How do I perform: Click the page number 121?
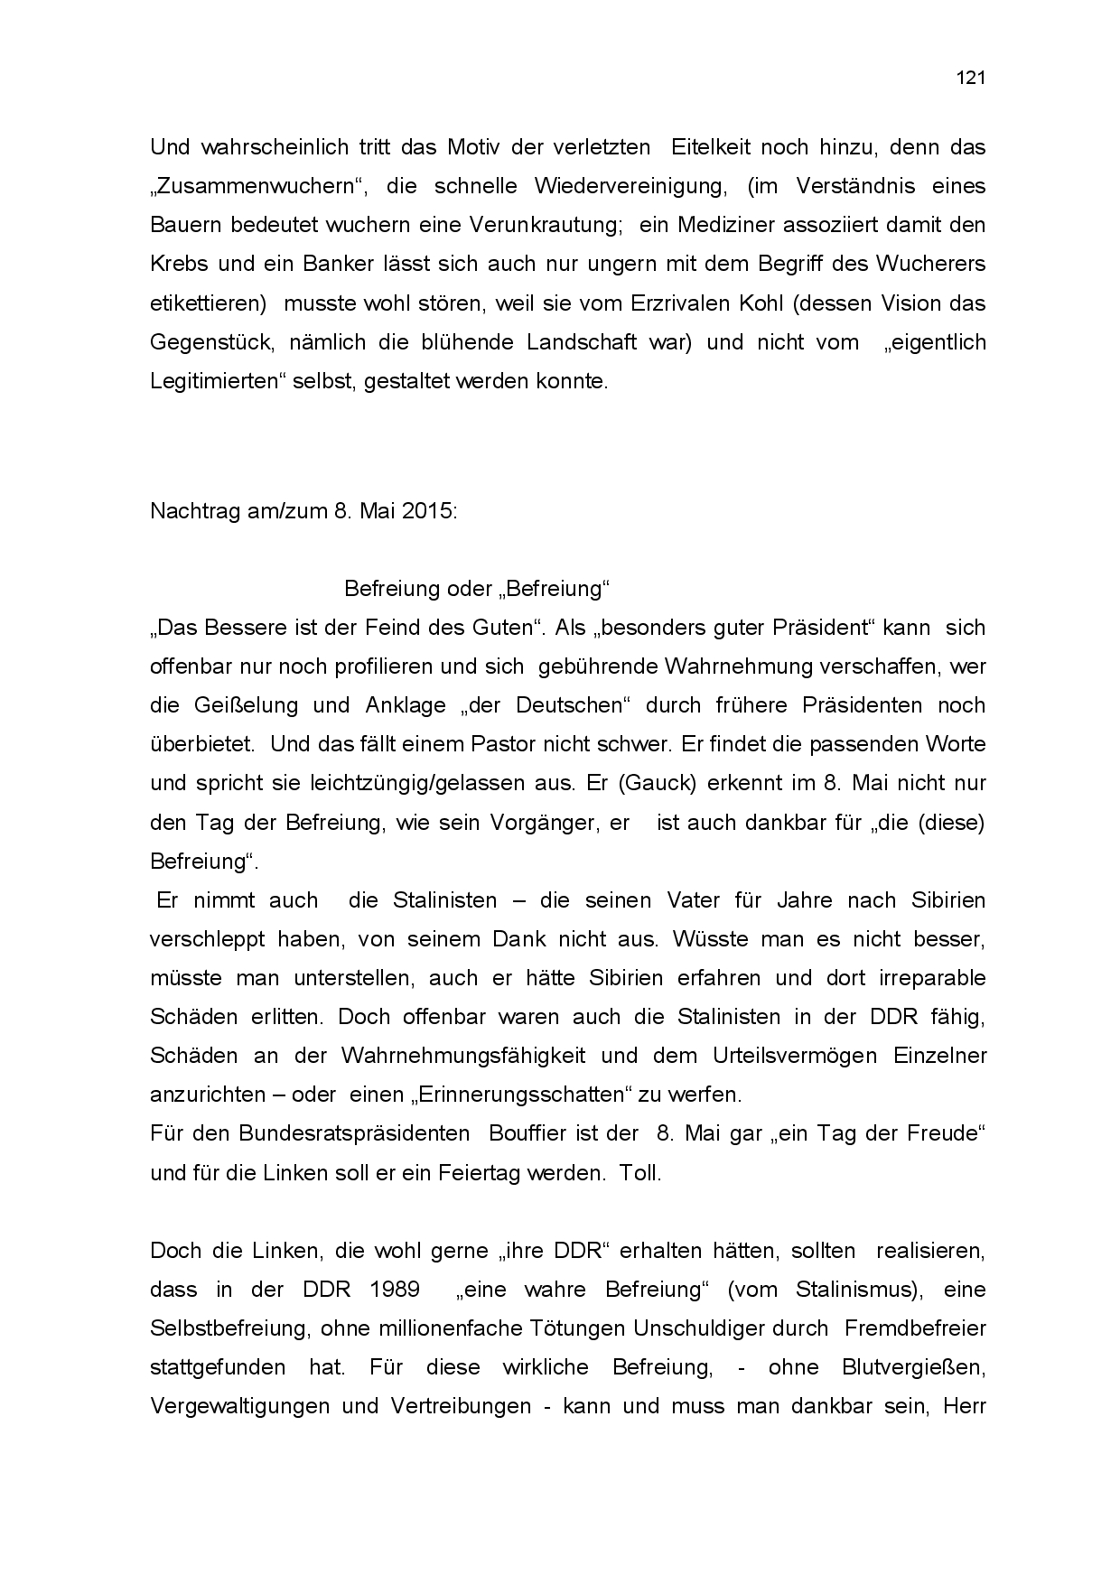coord(970,78)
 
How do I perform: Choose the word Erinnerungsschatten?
coord(522,1095)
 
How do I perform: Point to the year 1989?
coord(394,1290)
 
